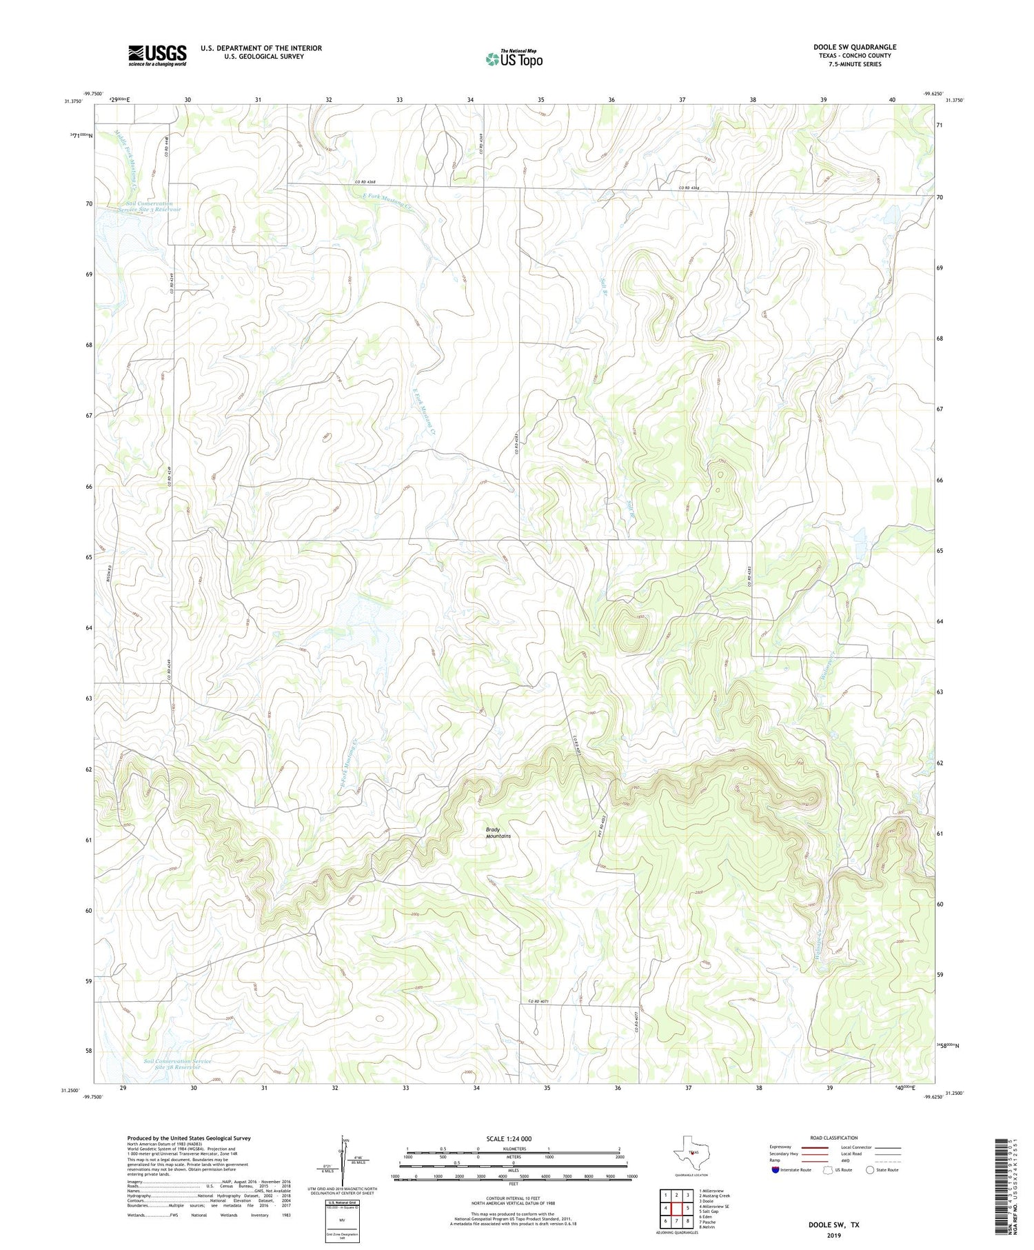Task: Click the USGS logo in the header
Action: pos(157,55)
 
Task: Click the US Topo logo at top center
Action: pos(514,59)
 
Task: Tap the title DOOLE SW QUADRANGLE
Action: pos(854,47)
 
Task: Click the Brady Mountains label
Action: pos(498,832)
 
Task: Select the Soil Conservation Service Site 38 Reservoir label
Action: pos(177,1063)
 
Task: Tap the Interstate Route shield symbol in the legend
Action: pos(775,1170)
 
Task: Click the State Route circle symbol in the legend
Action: pos(870,1170)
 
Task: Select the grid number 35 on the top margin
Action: pos(541,100)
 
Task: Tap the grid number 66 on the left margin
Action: pos(89,486)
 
